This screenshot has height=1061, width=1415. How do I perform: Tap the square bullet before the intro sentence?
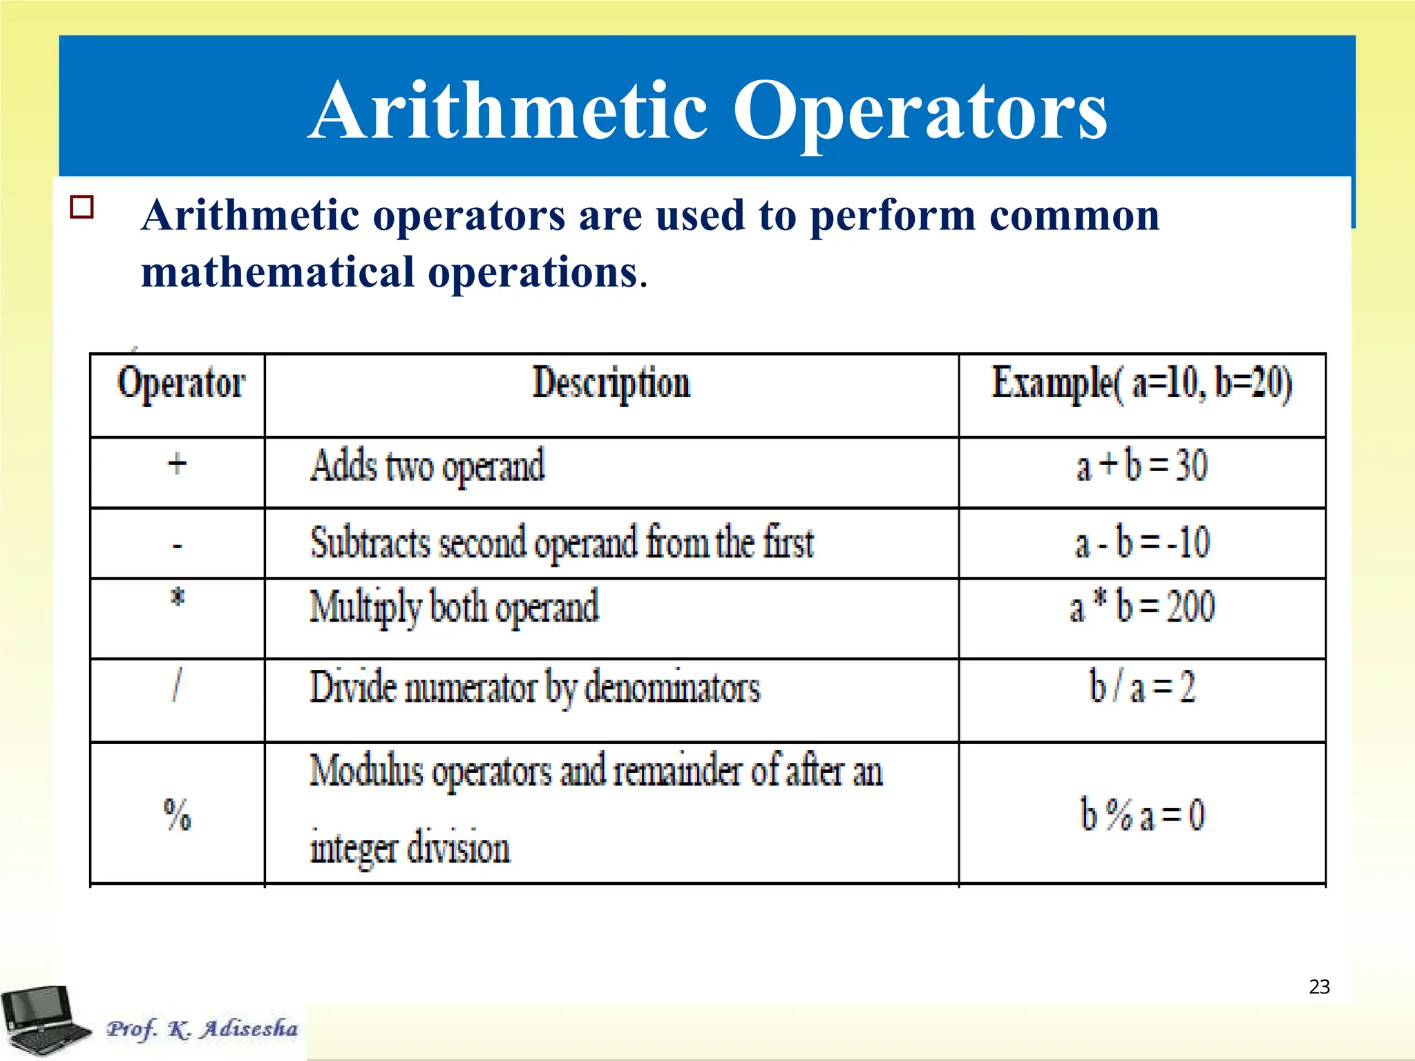[x=82, y=207]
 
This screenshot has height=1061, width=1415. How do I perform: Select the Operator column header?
[x=180, y=383]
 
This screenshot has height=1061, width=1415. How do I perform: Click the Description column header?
[x=611, y=383]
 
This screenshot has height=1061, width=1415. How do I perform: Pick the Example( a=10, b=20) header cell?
[x=1141, y=383]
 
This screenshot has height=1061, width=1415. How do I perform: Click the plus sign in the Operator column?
[x=178, y=463]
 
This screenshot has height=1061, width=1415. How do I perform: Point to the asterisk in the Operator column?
[x=178, y=597]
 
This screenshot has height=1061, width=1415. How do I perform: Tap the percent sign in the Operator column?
[x=178, y=814]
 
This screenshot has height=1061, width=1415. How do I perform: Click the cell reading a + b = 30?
[x=1141, y=466]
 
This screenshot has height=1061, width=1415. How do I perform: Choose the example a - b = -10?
[x=1141, y=543]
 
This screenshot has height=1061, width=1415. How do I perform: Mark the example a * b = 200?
[x=1141, y=607]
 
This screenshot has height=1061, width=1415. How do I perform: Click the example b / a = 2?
[x=1141, y=687]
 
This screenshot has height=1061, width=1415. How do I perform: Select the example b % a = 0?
[x=1141, y=814]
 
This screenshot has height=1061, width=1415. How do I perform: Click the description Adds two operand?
[x=427, y=466]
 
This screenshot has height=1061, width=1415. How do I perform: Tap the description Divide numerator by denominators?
[x=535, y=688]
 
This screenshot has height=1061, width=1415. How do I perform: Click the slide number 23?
[x=1319, y=986]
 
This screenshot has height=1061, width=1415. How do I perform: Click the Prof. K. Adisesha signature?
[x=202, y=1029]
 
